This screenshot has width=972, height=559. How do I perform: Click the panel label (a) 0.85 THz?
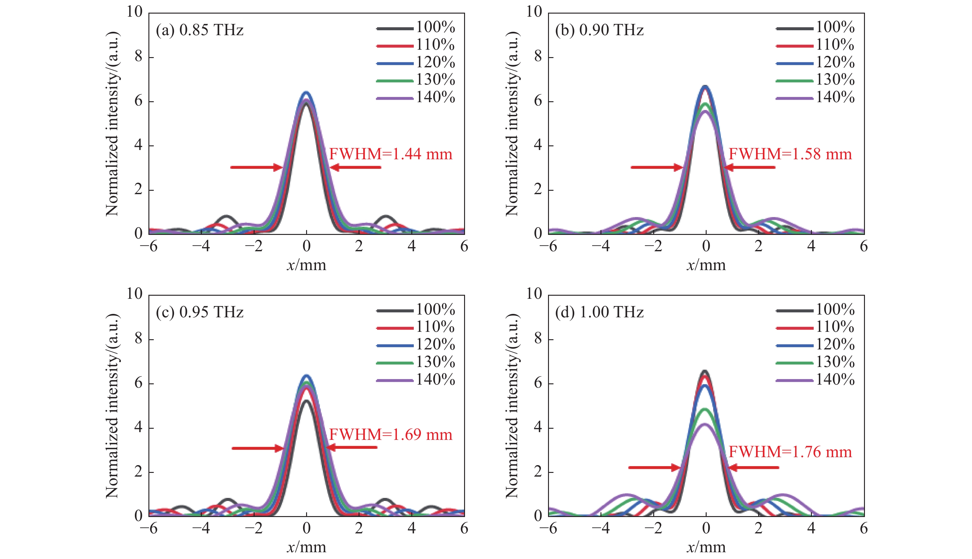pyautogui.click(x=200, y=30)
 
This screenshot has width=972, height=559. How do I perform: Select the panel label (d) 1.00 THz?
pyautogui.click(x=599, y=312)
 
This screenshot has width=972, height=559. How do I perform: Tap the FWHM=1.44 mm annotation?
pyautogui.click(x=391, y=154)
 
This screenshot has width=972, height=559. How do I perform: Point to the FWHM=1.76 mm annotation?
pyautogui.click(x=790, y=452)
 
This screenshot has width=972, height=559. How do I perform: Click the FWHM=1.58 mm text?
pyautogui.click(x=790, y=154)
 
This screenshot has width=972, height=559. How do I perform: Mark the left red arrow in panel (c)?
pyautogui.click(x=257, y=448)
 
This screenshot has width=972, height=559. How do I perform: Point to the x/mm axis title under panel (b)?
pyautogui.click(x=706, y=265)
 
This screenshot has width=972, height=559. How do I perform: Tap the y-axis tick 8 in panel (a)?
pyautogui.click(x=138, y=57)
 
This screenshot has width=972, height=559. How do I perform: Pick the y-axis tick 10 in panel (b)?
pyautogui.click(x=534, y=12)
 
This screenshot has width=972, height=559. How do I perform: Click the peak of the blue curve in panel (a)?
pyautogui.click(x=306, y=93)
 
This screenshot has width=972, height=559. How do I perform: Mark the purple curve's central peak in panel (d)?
pyautogui.click(x=706, y=424)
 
